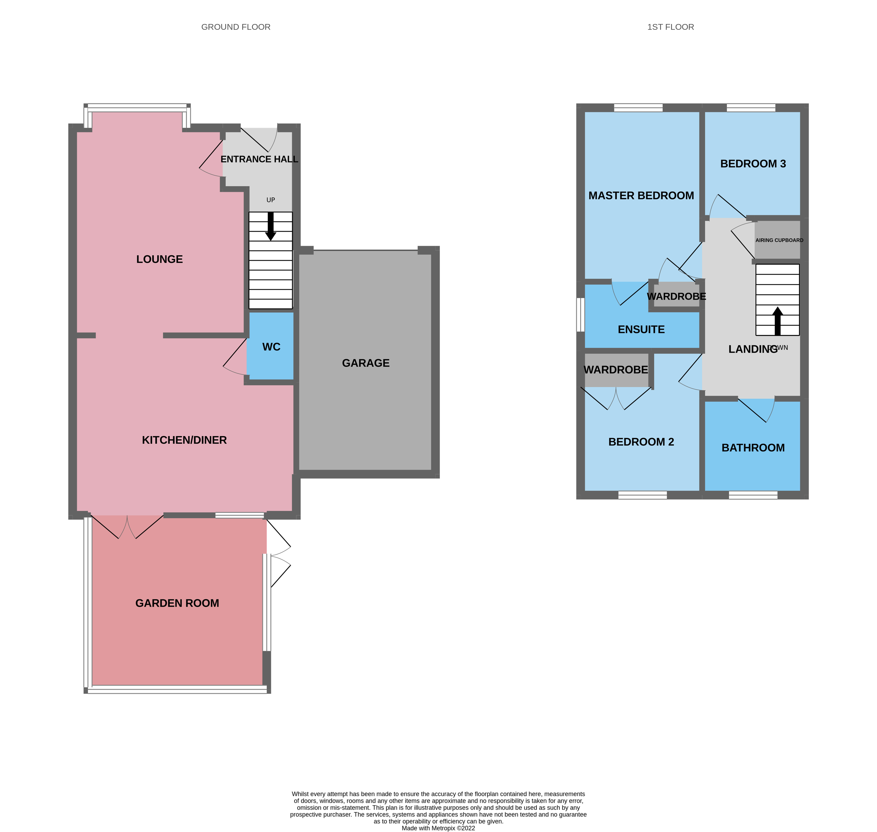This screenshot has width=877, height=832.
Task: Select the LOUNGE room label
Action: click(159, 259)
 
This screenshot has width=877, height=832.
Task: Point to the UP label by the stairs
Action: click(271, 200)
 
